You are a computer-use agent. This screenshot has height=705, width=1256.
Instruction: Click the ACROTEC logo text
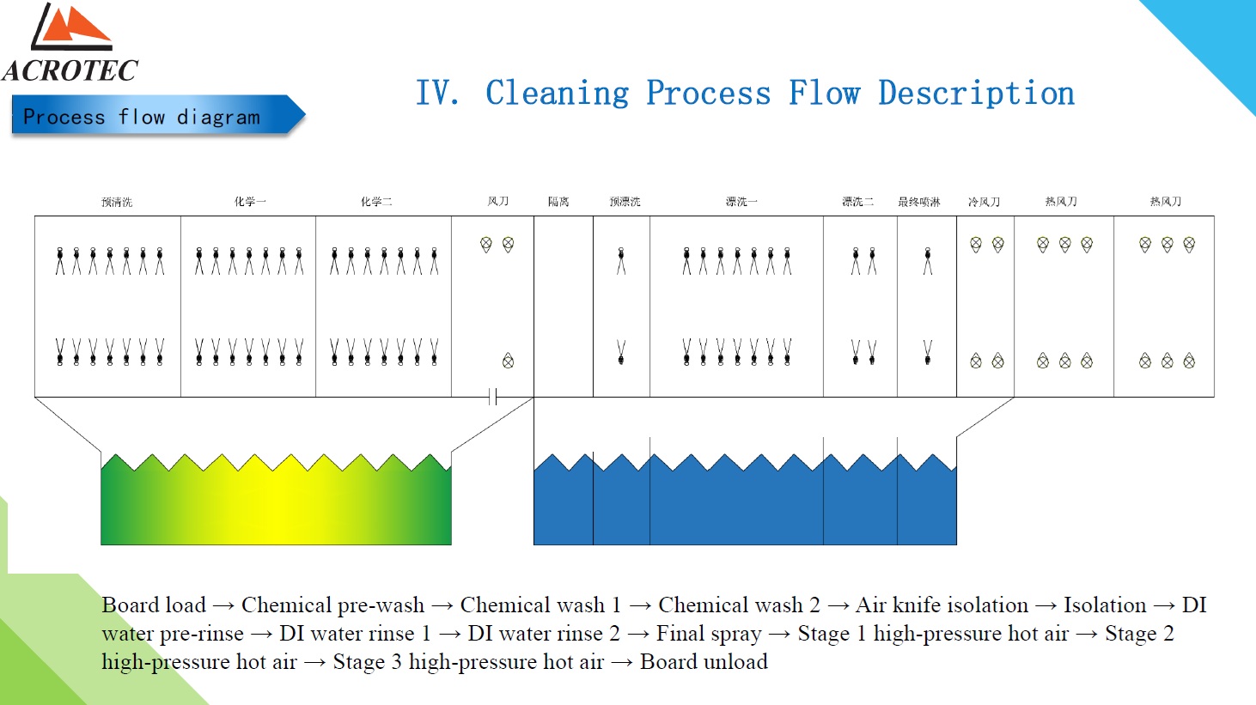70,70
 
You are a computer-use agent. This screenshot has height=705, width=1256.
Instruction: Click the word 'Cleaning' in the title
557,94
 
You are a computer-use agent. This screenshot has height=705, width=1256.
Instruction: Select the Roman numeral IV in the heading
436,94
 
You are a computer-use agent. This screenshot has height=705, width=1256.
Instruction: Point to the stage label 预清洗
117,202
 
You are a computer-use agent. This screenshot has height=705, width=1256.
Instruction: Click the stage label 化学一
250,202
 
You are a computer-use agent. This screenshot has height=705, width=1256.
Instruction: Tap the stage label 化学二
376,202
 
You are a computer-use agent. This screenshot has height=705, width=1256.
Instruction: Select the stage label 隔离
558,202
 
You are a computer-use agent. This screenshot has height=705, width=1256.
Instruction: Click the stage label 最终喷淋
919,202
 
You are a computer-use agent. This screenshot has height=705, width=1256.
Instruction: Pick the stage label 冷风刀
984,202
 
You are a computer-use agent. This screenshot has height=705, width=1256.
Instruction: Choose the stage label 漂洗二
857,202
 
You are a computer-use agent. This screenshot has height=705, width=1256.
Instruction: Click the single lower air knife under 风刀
509,361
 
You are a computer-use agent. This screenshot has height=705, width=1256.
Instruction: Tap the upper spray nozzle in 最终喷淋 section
927,259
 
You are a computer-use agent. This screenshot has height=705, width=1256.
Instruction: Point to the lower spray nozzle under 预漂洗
621,352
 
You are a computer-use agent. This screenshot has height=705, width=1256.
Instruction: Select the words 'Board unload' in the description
704,662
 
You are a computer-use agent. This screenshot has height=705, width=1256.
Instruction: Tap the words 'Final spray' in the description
709,634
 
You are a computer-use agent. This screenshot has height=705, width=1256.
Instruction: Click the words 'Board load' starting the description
154,605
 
